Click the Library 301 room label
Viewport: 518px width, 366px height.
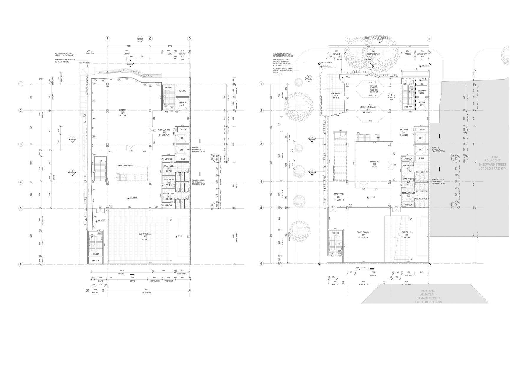122,113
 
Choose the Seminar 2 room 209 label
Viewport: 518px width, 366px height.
374,164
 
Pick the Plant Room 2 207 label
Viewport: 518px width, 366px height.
363,235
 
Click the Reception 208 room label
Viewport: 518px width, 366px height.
339,197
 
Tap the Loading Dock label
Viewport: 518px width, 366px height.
422,92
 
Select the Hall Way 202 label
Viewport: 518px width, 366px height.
403,132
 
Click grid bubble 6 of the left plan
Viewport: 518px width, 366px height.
21,264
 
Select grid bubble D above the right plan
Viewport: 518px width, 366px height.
429,39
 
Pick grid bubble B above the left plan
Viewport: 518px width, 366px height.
107,39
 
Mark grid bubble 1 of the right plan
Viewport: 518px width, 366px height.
261,84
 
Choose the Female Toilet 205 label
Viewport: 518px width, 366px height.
408,195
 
